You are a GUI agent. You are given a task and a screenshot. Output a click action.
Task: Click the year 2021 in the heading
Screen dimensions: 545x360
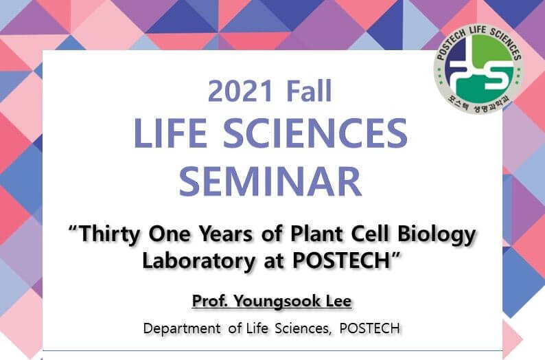pyautogui.click(x=240, y=91)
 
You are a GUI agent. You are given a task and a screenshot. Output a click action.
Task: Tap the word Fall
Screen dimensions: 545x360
pyautogui.click(x=310, y=91)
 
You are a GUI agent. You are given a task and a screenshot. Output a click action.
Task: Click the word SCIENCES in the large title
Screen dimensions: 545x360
pyautogui.click(x=315, y=133)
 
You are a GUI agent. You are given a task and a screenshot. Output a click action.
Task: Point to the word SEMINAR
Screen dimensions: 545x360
pyautogui.click(x=270, y=181)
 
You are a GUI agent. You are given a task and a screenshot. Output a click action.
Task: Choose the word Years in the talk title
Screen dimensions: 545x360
pyautogui.click(x=225, y=234)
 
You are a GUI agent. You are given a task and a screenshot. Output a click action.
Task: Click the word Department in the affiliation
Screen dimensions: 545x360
pyautogui.click(x=182, y=328)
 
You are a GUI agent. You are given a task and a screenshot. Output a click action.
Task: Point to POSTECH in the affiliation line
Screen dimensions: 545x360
pyautogui.click(x=369, y=328)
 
